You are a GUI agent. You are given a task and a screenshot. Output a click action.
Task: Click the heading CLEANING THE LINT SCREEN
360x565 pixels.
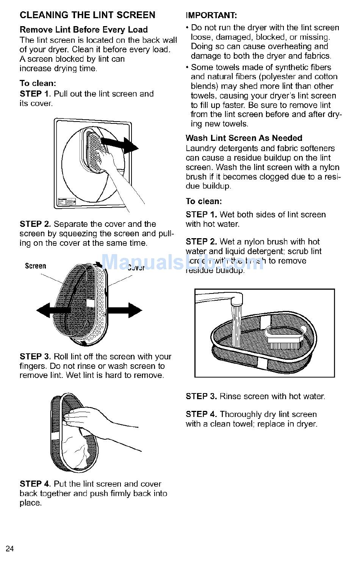coord(87,15)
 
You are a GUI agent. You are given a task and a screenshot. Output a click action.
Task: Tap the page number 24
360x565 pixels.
coord(10,549)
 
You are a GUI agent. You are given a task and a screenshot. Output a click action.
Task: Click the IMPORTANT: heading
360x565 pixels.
coord(211,16)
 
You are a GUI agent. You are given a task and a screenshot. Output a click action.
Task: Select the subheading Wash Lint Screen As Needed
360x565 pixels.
coord(244,138)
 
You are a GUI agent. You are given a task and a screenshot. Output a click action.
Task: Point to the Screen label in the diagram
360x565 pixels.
coord(35,266)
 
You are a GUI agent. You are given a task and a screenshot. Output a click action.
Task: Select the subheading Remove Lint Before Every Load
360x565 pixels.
coord(83,30)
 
